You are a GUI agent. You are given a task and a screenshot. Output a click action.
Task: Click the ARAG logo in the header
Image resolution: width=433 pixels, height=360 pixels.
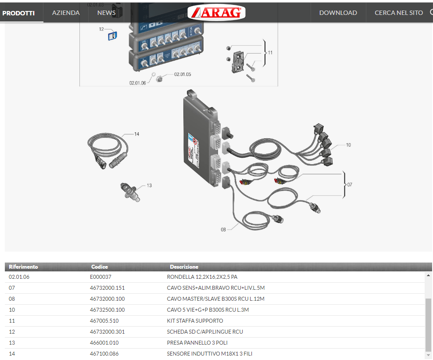216,12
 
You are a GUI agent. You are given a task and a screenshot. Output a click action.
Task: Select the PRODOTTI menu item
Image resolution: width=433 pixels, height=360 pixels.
18,13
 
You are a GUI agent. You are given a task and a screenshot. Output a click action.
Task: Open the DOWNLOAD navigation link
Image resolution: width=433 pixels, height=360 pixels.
338,13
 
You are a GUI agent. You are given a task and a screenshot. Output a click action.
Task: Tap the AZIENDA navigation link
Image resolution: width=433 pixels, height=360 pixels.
66,13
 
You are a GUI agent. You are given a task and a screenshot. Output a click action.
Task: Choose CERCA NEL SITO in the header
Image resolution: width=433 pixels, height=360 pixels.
398,13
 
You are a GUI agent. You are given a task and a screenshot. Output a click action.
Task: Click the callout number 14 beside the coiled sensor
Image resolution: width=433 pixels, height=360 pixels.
137,134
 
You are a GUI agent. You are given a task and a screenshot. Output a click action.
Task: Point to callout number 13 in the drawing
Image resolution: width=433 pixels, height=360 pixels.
149,185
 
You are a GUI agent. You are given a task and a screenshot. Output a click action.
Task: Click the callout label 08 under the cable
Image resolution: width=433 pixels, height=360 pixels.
223,230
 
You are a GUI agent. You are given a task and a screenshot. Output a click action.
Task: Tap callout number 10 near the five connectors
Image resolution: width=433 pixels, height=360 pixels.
348,145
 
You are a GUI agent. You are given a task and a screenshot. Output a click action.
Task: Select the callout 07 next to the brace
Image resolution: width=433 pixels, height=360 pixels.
350,184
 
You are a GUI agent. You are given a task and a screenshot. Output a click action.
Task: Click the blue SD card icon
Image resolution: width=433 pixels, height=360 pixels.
112,36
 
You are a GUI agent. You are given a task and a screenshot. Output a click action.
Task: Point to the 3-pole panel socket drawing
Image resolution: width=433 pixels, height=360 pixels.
130,191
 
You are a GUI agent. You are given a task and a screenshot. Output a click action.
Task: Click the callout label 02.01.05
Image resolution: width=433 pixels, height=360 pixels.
183,74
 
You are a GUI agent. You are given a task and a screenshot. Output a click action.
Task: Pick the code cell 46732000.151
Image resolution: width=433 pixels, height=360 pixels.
107,288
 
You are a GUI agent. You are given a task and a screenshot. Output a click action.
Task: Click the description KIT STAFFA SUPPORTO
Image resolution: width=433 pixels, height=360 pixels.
195,321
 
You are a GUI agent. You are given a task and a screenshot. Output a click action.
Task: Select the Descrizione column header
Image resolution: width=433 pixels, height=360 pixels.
184,267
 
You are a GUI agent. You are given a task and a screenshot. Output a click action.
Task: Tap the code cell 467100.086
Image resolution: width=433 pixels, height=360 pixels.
104,354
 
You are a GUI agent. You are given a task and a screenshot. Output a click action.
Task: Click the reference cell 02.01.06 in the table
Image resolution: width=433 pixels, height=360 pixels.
19,277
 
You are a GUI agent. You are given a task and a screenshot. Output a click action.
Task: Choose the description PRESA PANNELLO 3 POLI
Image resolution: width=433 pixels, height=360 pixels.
197,343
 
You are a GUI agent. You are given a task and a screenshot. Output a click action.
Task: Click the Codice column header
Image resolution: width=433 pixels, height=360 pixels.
100,267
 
